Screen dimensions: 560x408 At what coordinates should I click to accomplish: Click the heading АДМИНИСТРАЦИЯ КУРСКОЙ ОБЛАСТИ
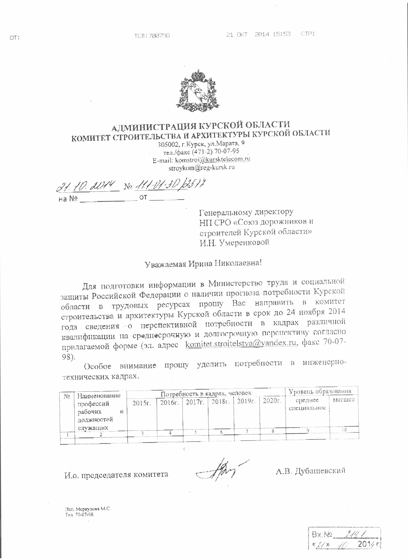[x=201, y=126]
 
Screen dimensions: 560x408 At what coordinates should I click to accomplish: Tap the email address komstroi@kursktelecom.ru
[x=212, y=159]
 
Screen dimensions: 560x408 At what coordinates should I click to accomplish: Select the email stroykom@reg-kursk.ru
[x=201, y=167]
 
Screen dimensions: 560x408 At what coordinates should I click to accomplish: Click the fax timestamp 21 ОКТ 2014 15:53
[x=258, y=34]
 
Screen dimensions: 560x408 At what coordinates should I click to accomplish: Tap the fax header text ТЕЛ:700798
[x=152, y=35]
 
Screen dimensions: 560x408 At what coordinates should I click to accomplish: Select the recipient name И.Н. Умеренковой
[x=234, y=242]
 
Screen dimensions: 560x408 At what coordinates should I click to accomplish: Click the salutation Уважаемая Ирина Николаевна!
[x=204, y=263]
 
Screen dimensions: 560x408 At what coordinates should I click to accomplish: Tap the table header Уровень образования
[x=320, y=391]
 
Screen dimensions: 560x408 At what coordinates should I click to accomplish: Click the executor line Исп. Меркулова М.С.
[x=88, y=509]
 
